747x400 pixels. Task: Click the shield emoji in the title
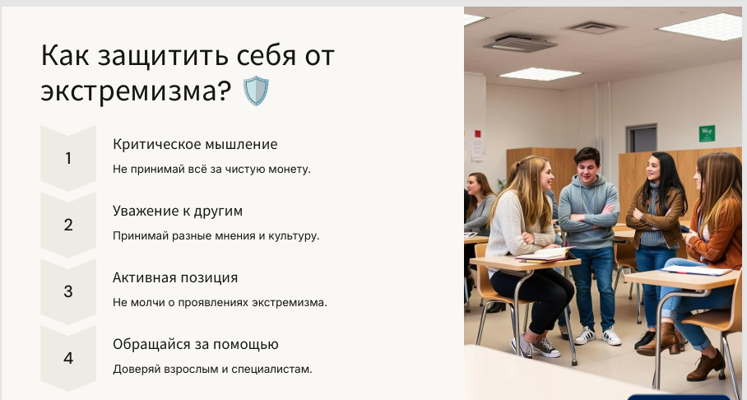pyautogui.click(x=256, y=90)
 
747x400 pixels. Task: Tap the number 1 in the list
pyautogui.click(x=68, y=158)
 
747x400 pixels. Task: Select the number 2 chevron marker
pyautogui.click(x=68, y=225)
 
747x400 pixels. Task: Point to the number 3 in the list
pyautogui.click(x=68, y=291)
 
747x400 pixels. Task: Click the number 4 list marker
pyautogui.click(x=68, y=358)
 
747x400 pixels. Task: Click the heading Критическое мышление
pyautogui.click(x=195, y=145)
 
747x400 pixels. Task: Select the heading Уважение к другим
pyautogui.click(x=178, y=212)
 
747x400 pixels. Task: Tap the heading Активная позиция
pyautogui.click(x=175, y=277)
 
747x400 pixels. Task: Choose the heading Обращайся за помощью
pyautogui.click(x=195, y=344)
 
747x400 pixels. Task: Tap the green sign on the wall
pyautogui.click(x=707, y=133)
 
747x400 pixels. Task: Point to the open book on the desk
pyautogui.click(x=545, y=254)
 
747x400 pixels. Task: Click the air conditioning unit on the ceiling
pyautogui.click(x=519, y=43)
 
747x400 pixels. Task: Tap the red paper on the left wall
pyautogui.click(x=477, y=133)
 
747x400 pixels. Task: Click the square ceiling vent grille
pyautogui.click(x=594, y=27)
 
